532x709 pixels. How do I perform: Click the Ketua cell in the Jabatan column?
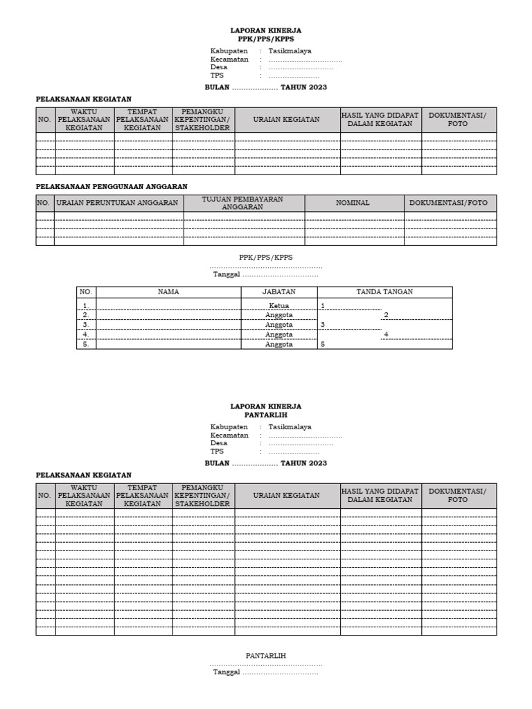click(x=279, y=305)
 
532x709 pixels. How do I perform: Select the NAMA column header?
click(x=168, y=291)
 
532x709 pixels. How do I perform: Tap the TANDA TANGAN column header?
click(x=384, y=291)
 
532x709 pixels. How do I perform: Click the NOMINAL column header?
click(x=353, y=203)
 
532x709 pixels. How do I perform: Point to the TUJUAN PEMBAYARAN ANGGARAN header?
click(x=243, y=203)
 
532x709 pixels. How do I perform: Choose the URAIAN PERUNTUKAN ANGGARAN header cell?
click(x=118, y=203)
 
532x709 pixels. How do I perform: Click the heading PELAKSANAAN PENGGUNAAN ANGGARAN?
click(x=112, y=186)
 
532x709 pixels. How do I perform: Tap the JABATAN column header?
click(x=279, y=291)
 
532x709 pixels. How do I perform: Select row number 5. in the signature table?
click(x=86, y=344)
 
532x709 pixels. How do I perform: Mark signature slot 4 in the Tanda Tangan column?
click(x=386, y=334)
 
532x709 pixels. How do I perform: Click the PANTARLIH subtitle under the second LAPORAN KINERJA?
click(x=266, y=415)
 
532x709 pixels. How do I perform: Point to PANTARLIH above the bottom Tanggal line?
click(x=266, y=655)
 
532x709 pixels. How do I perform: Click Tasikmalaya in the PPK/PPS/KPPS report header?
click(x=290, y=51)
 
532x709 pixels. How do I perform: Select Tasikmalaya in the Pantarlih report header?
click(x=290, y=427)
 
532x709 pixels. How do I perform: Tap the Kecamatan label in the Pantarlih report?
click(x=229, y=435)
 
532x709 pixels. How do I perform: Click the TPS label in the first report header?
click(x=217, y=75)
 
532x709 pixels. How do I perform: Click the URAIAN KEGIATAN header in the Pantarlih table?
click(x=287, y=496)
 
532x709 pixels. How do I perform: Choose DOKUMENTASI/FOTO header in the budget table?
click(x=449, y=203)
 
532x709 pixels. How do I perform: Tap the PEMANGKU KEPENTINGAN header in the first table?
click(x=203, y=119)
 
